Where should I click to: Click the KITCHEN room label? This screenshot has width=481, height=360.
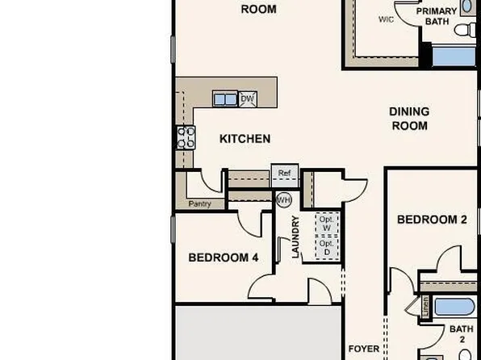[x=245, y=139]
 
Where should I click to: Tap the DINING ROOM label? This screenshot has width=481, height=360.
[x=409, y=118]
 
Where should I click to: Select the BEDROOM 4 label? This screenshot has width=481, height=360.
[x=223, y=258]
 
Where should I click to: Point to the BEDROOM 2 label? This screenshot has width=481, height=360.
[x=432, y=220]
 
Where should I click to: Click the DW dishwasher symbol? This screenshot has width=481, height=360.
[x=248, y=98]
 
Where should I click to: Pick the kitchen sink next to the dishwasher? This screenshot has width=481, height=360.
[x=225, y=99]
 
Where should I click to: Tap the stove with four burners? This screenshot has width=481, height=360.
[x=185, y=137]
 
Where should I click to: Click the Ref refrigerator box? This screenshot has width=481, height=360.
[x=284, y=174]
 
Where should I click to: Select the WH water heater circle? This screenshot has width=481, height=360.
[x=283, y=199]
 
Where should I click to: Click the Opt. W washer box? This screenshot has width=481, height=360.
[x=327, y=224]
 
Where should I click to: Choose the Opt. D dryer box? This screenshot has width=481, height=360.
[x=327, y=247]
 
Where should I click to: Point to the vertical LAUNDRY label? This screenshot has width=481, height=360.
[x=295, y=237]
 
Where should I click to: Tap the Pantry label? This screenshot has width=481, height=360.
[x=199, y=204]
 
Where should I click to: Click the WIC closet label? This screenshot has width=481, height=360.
[x=387, y=19]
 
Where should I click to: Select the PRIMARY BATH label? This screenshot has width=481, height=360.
[x=437, y=16]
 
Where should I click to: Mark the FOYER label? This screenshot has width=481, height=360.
[x=363, y=350]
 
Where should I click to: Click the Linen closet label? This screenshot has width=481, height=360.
[x=425, y=306]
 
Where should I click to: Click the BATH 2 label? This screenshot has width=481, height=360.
[x=461, y=334]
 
